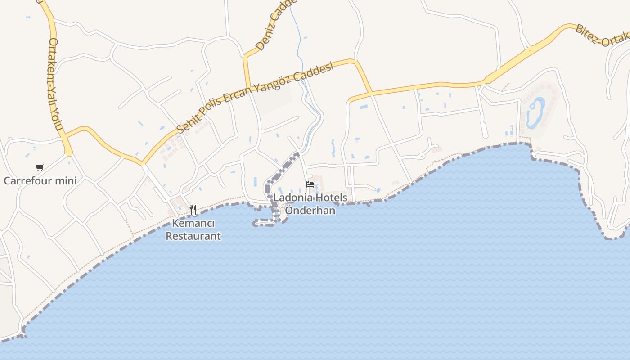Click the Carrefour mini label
pos(40,181)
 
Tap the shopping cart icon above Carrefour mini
pos(40,168)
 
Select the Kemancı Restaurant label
pos(193,229)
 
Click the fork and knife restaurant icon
pos(193,209)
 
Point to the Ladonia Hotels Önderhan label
pos(310,204)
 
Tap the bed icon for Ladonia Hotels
pos(310,184)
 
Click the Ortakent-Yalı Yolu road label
pos(55,84)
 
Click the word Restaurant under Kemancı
pos(193,236)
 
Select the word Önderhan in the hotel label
pos(310,210)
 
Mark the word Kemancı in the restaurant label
pos(193,223)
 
